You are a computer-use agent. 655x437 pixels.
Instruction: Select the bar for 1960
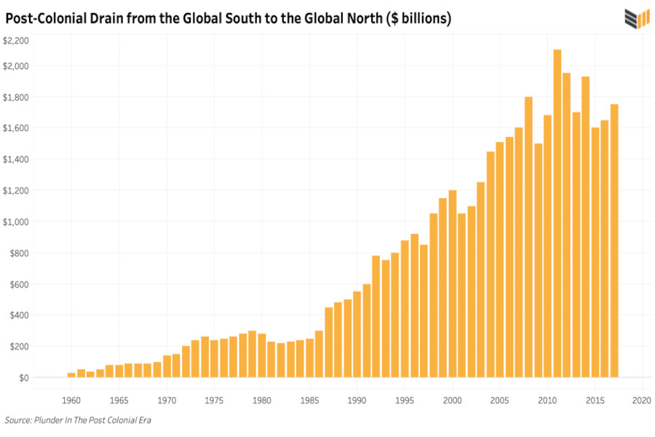(x=71, y=374)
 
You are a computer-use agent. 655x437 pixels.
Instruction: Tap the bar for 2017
(x=614, y=240)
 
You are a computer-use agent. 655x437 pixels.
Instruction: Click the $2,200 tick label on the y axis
(x=15, y=41)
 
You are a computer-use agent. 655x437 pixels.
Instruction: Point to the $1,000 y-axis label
(x=15, y=221)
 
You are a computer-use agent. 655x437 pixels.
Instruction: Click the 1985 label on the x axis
(x=309, y=401)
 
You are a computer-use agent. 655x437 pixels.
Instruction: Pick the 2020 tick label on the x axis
(x=641, y=401)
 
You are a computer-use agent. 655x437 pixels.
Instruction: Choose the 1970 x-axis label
(x=167, y=401)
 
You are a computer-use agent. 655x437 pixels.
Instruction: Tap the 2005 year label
(x=499, y=401)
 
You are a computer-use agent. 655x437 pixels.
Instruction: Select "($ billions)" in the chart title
(x=413, y=18)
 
